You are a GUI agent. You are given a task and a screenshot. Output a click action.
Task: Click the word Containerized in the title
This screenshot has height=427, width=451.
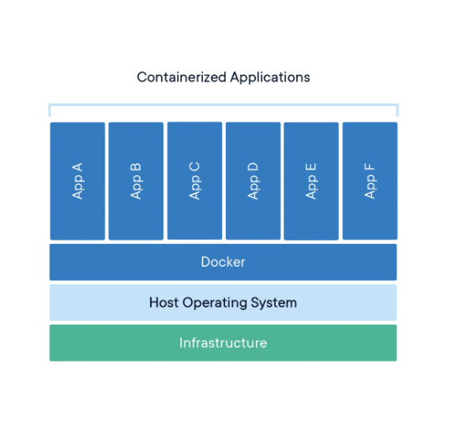(182, 77)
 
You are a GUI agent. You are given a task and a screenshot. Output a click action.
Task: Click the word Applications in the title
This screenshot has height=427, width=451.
(270, 77)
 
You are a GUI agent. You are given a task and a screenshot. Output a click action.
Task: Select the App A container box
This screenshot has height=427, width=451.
(77, 181)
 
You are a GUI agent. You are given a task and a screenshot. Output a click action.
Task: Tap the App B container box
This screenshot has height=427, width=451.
(136, 181)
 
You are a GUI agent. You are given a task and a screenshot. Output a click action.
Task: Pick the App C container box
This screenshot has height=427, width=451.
(195, 181)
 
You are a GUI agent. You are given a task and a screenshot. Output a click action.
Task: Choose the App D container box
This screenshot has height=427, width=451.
(253, 181)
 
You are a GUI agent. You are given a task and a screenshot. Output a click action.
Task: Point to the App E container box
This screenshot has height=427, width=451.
(311, 181)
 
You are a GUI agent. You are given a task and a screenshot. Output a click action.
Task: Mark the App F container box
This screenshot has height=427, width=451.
(370, 181)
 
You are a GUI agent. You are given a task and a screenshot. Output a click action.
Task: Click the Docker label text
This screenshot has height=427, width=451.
(224, 262)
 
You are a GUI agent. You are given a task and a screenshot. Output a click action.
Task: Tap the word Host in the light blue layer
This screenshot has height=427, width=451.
(163, 302)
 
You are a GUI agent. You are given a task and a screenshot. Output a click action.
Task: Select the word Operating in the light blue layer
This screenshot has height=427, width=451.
(215, 303)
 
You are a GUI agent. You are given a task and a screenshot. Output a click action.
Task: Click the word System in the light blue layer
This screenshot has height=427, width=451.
(274, 303)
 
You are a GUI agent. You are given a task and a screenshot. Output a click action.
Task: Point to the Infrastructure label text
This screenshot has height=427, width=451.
(224, 343)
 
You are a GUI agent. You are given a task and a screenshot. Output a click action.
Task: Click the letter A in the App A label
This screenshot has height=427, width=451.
(77, 167)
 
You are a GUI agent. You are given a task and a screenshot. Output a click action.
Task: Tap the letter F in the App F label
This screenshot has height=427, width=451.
(370, 167)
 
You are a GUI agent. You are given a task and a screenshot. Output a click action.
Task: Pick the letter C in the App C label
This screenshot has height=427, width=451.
(194, 167)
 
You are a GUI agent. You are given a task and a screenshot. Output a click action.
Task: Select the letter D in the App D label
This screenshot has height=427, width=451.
(253, 167)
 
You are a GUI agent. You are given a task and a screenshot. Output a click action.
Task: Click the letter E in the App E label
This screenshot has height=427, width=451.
(311, 167)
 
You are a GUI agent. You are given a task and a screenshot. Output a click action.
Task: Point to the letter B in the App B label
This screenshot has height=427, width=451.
(136, 167)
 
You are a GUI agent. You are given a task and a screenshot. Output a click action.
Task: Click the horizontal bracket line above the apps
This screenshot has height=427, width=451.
(224, 105)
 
